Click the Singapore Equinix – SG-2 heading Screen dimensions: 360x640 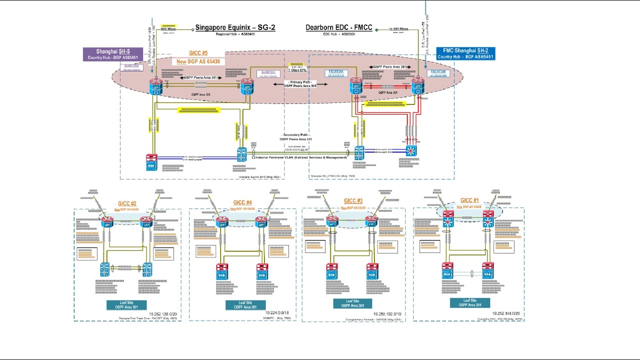pos(235,27)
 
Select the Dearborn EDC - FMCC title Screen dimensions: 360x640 pos(339,27)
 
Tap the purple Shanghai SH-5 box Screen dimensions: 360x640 pos(113,54)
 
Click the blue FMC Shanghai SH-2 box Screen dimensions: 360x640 pos(465,53)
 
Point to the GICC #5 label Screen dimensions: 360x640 pos(198,53)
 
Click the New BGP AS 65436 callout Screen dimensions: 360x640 pos(198,61)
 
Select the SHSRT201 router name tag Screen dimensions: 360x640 pos(268,72)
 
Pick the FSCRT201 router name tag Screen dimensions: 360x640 pos(336,72)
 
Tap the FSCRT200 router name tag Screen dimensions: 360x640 pos(438,72)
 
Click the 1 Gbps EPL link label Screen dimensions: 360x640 pos(296,70)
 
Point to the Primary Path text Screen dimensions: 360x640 pos(300,82)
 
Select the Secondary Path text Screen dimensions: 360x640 pos(297,135)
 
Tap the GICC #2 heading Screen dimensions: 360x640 pos(127,203)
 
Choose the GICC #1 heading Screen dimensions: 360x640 pos(469,200)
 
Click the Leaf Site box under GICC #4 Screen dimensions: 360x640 pos(245,305)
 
